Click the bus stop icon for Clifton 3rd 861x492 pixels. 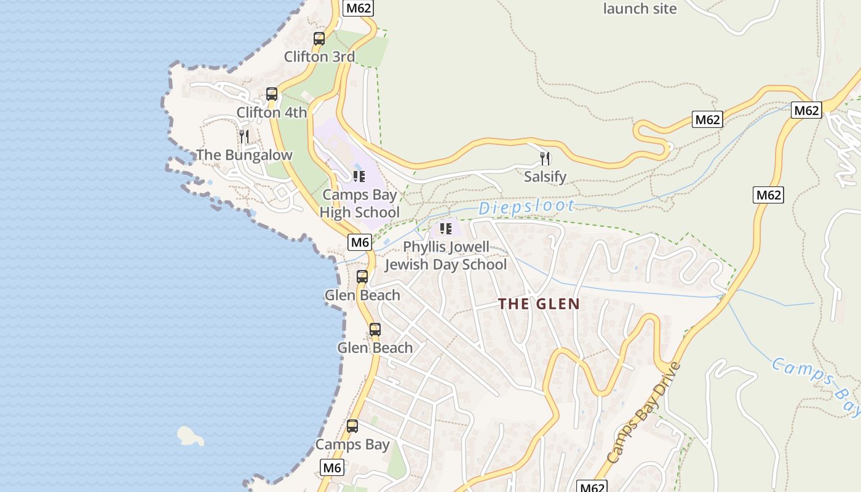coord(319,39)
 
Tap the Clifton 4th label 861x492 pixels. coord(271,113)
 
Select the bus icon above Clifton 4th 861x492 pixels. coord(271,94)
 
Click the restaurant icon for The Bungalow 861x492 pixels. coord(244,136)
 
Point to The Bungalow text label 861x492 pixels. coord(244,155)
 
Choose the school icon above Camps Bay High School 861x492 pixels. coord(359,177)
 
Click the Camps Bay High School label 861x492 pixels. coord(360,204)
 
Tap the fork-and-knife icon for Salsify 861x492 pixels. coord(545,159)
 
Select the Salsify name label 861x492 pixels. coord(545,177)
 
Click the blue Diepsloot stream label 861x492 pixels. coord(526,207)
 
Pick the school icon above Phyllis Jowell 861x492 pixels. coord(446,229)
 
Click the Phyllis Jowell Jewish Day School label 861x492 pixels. coord(446,256)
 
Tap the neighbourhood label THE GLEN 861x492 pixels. coord(539,304)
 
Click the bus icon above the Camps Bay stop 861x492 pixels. coord(352,426)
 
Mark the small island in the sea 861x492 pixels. coord(190,436)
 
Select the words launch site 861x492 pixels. coord(640,9)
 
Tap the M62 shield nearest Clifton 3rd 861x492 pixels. coord(359,8)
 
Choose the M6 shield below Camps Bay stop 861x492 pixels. coord(332,468)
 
